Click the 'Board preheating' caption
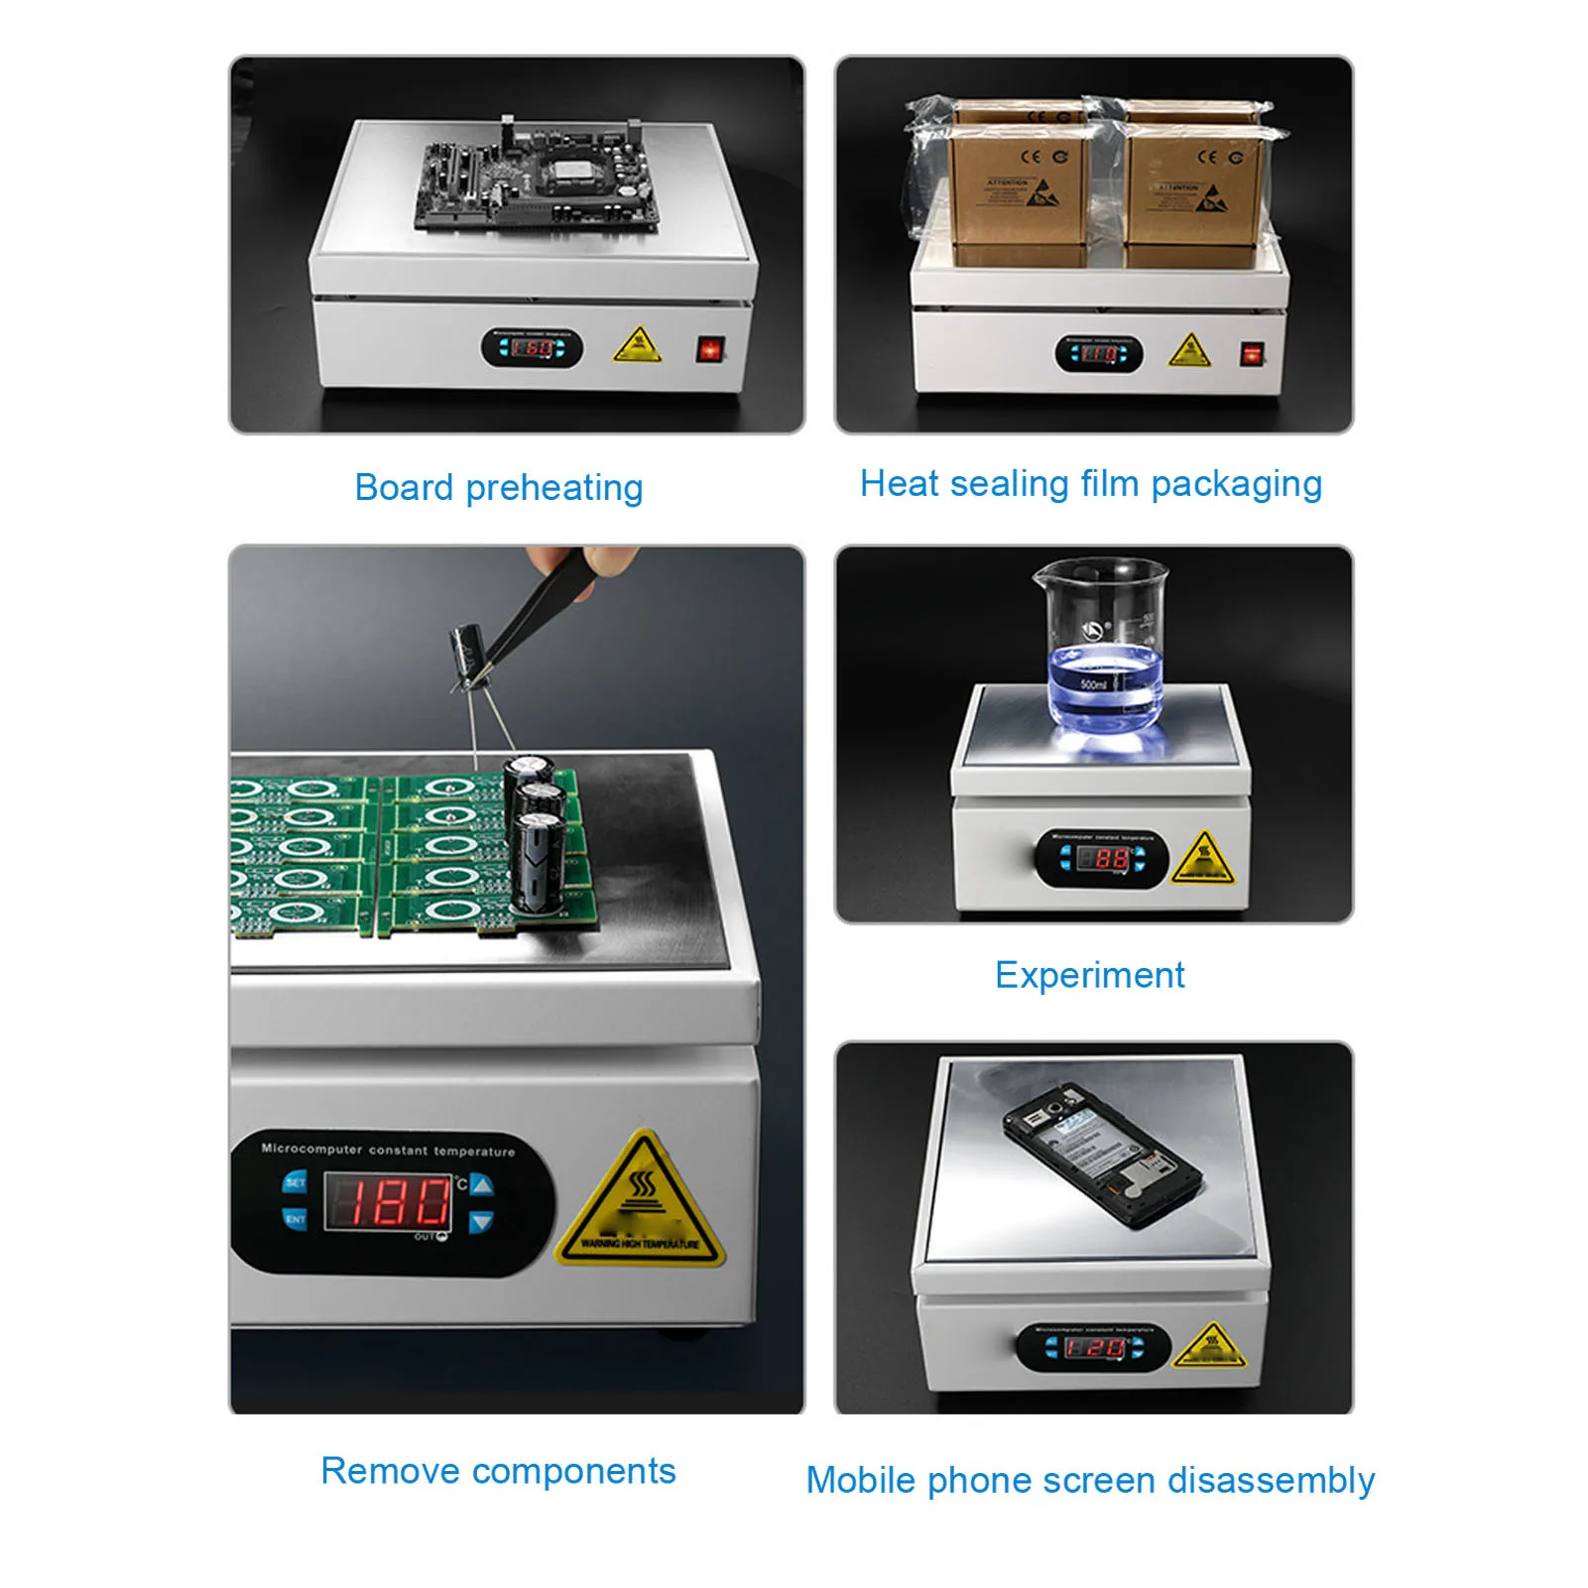(x=499, y=488)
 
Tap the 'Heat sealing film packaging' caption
(x=1091, y=484)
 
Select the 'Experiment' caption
(x=1089, y=975)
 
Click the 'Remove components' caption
(x=498, y=1471)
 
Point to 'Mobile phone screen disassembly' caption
(x=1090, y=1480)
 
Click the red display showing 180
(x=388, y=1202)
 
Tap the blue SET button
(x=296, y=1181)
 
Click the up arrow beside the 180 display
(x=481, y=1184)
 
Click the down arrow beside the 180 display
(x=481, y=1222)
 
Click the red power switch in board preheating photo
(x=710, y=349)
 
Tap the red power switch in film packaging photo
(x=1252, y=354)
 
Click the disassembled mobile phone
(x=1101, y=1155)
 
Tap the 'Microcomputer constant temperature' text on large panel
(x=388, y=1151)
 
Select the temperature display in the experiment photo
(x=1103, y=858)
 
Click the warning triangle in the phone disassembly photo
(x=1209, y=1346)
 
